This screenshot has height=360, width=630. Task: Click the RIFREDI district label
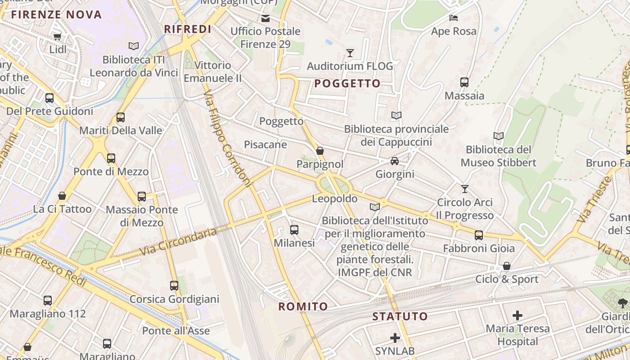tap(187, 29)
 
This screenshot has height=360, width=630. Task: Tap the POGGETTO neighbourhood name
tap(347, 83)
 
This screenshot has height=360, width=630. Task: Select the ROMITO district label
tap(303, 307)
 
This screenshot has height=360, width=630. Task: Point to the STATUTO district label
tap(400, 316)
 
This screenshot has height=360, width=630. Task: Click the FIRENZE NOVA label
tap(56, 14)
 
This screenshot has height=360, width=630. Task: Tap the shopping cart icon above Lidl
tap(57, 36)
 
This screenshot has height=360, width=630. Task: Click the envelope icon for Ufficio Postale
tap(265, 18)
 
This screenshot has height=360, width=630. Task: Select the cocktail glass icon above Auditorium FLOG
tap(350, 53)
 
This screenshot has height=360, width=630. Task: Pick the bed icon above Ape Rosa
tap(454, 18)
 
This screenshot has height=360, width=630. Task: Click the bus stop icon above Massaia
tap(464, 82)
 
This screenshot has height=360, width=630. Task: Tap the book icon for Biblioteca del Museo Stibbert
tap(498, 136)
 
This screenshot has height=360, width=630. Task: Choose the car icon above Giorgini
tap(395, 161)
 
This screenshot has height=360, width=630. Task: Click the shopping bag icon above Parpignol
tap(320, 151)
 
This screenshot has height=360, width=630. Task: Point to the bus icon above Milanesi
tap(294, 230)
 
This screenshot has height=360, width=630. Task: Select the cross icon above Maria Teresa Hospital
tap(517, 315)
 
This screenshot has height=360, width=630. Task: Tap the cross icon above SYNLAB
tap(395, 337)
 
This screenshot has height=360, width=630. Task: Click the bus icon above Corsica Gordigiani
tap(174, 286)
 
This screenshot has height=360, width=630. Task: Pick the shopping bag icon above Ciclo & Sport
tap(507, 266)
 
